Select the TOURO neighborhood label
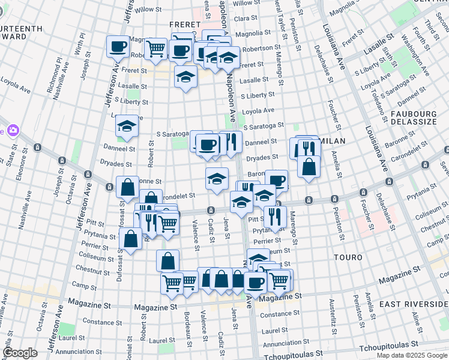(348, 257)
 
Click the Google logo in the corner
(20, 353)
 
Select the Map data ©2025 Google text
(412, 355)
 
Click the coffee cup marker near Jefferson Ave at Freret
(118, 46)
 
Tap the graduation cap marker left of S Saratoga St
(127, 125)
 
